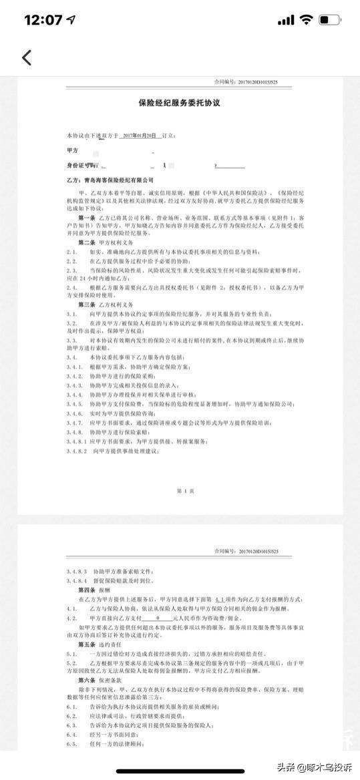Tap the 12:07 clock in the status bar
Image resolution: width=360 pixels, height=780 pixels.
tap(44, 20)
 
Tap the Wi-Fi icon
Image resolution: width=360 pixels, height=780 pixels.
tap(305, 20)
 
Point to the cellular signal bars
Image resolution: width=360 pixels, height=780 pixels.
tap(285, 21)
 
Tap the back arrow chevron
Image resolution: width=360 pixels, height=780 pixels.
tap(27, 57)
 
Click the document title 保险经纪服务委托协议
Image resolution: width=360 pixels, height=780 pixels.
tap(179, 104)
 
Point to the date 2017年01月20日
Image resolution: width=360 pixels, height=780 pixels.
tap(140, 135)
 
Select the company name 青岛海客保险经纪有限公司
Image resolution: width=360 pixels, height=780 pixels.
tap(116, 180)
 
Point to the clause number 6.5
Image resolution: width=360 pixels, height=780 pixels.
tap(72, 743)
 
